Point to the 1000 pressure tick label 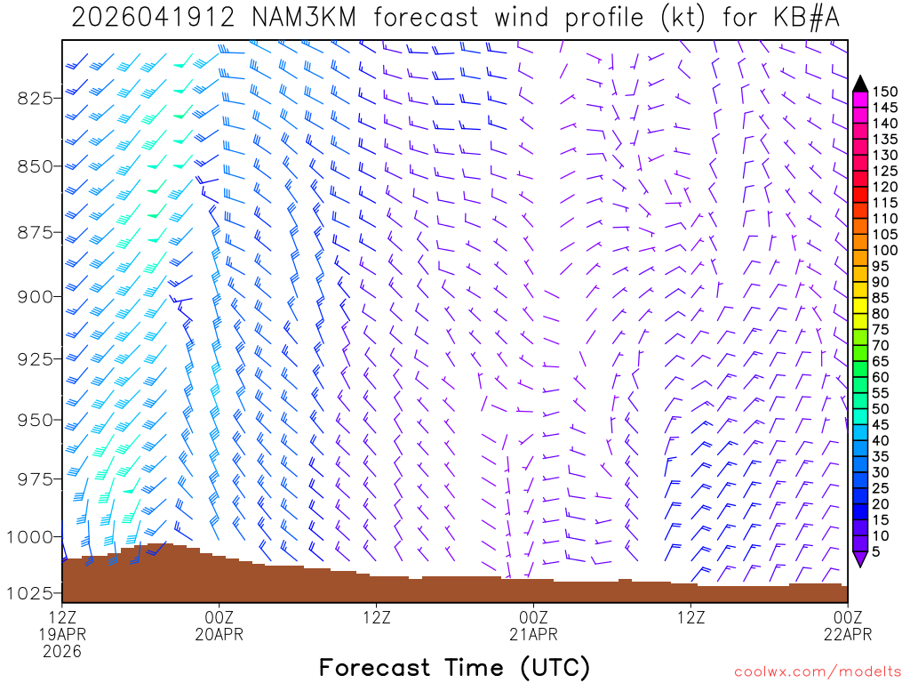(30, 536)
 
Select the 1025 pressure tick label (30, 592)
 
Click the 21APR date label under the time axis (533, 634)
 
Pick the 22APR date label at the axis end (847, 634)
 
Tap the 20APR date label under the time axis (219, 634)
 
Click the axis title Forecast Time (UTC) (454, 667)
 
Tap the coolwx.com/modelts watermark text (817, 670)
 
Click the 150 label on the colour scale (885, 92)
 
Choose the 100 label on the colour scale (885, 251)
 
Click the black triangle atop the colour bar (860, 84)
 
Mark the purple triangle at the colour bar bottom (860, 559)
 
